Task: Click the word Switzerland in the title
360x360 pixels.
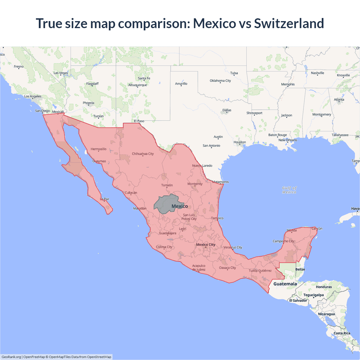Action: point(289,23)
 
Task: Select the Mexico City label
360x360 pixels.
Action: point(206,245)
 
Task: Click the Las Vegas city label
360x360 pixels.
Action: point(61,73)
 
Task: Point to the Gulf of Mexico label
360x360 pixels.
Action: point(289,190)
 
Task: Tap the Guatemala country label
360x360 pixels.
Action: point(285,284)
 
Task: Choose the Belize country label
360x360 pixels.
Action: point(300,269)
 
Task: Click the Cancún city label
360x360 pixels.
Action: point(317,228)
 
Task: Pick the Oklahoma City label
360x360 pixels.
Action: point(220,81)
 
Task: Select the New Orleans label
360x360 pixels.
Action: point(287,140)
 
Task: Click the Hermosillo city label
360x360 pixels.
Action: point(98,149)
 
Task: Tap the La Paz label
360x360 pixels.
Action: point(104,199)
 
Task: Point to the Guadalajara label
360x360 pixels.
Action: point(168,233)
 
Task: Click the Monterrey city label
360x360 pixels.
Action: point(195,184)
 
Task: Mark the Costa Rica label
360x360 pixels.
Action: point(342,333)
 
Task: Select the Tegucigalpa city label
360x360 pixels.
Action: point(313,295)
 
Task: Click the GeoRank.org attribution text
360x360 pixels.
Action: point(11,357)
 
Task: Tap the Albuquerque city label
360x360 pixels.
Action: point(138,85)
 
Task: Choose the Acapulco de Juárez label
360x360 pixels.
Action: point(199,267)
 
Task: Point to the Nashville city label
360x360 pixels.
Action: point(318,73)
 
